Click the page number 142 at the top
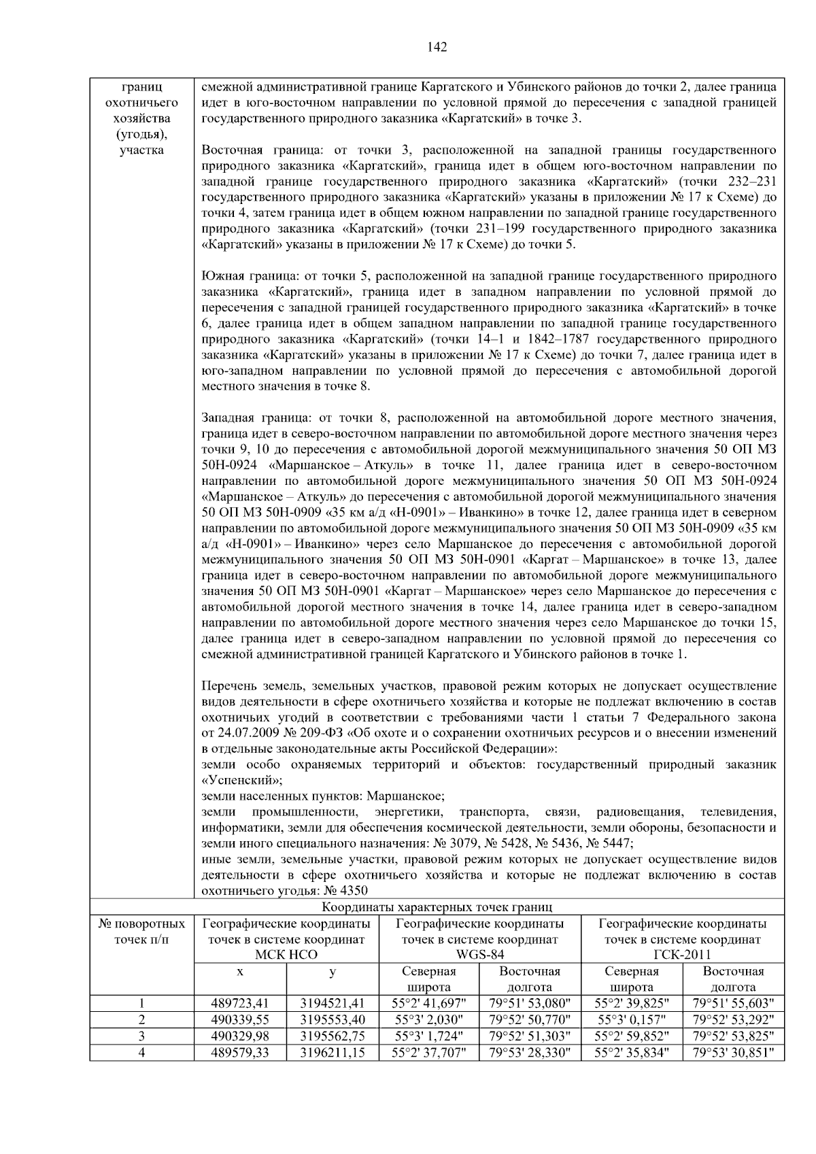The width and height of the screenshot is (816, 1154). pyautogui.click(x=437, y=47)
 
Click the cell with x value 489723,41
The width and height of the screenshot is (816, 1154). pyautogui.click(x=240, y=1003)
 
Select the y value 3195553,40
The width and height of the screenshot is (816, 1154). pyautogui.click(x=333, y=1019)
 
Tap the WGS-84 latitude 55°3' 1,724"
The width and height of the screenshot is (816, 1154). pyautogui.click(x=429, y=1036)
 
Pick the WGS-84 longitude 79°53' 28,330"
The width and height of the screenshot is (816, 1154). pyautogui.click(x=530, y=1053)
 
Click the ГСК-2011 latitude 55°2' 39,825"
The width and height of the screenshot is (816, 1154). pyautogui.click(x=632, y=1003)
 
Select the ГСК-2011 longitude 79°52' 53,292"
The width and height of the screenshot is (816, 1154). pyautogui.click(x=733, y=1019)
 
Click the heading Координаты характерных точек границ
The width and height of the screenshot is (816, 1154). pyautogui.click(x=437, y=907)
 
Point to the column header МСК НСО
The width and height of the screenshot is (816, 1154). pyautogui.click(x=286, y=955)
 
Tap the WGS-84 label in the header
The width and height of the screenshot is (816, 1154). pyautogui.click(x=479, y=955)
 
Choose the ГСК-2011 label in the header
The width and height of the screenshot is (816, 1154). pyautogui.click(x=682, y=955)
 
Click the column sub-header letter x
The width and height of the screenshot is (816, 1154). pyautogui.click(x=240, y=972)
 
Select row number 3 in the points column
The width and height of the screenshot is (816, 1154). pyautogui.click(x=141, y=1036)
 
